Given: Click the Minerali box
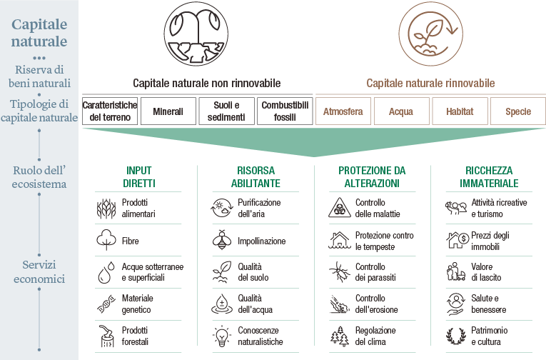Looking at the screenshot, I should click(168, 111).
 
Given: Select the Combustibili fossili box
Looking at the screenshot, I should click(285, 111).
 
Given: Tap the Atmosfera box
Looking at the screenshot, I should click(343, 111).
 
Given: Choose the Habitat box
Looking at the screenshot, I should click(460, 111).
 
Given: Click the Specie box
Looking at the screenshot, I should click(518, 111).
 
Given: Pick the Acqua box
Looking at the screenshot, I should click(401, 111).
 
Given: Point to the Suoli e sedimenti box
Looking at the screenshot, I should click(226, 111).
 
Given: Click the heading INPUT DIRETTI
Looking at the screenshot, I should click(139, 177).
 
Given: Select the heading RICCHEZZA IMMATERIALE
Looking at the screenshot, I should click(489, 177).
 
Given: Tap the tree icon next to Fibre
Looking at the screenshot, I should click(106, 240).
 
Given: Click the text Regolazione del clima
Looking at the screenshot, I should click(375, 336).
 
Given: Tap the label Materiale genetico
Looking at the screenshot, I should click(138, 304).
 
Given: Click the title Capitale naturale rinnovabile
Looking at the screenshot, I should click(430, 83).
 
